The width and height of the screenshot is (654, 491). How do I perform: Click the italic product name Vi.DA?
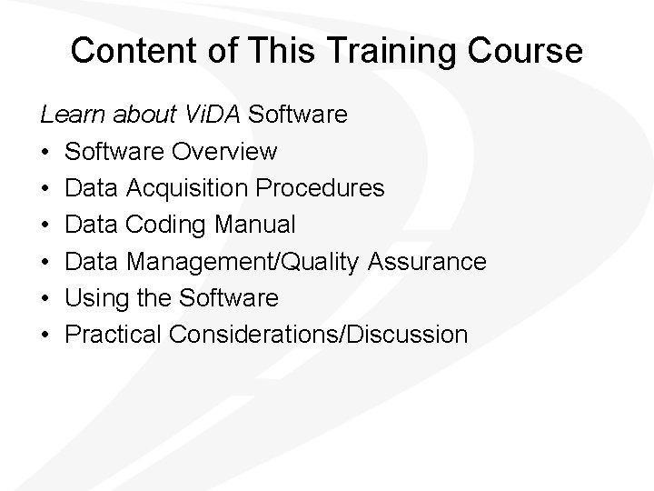coord(210,115)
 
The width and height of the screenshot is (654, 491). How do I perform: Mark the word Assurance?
coord(428,261)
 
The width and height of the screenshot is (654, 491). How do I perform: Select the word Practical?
coord(113,335)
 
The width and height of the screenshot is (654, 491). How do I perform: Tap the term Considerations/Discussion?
coord(318,335)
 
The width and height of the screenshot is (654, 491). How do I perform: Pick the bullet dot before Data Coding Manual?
coord(45,225)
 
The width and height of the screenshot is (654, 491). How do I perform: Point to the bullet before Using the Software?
coord(45,298)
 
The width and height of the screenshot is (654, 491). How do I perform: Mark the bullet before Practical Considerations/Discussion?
coord(45,335)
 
